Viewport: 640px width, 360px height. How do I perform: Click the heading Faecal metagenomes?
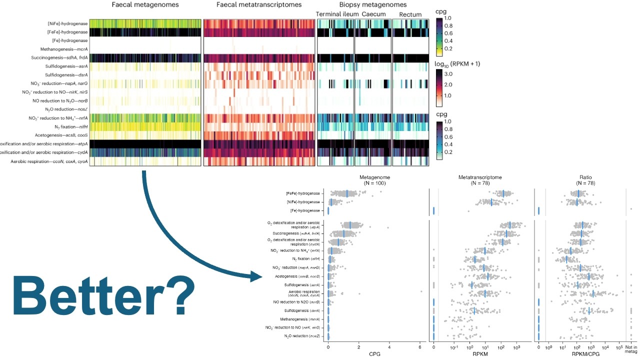coord(145,5)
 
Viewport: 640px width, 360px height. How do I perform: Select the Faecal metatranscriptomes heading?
coord(259,5)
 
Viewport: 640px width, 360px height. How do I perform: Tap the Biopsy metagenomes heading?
coord(372,5)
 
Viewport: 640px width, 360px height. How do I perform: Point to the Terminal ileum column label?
coord(337,14)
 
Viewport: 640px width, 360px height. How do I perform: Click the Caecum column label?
coord(373,14)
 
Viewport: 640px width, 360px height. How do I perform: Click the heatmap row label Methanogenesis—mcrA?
coord(64,49)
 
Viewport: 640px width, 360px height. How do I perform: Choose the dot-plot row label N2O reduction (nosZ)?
coord(302,336)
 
